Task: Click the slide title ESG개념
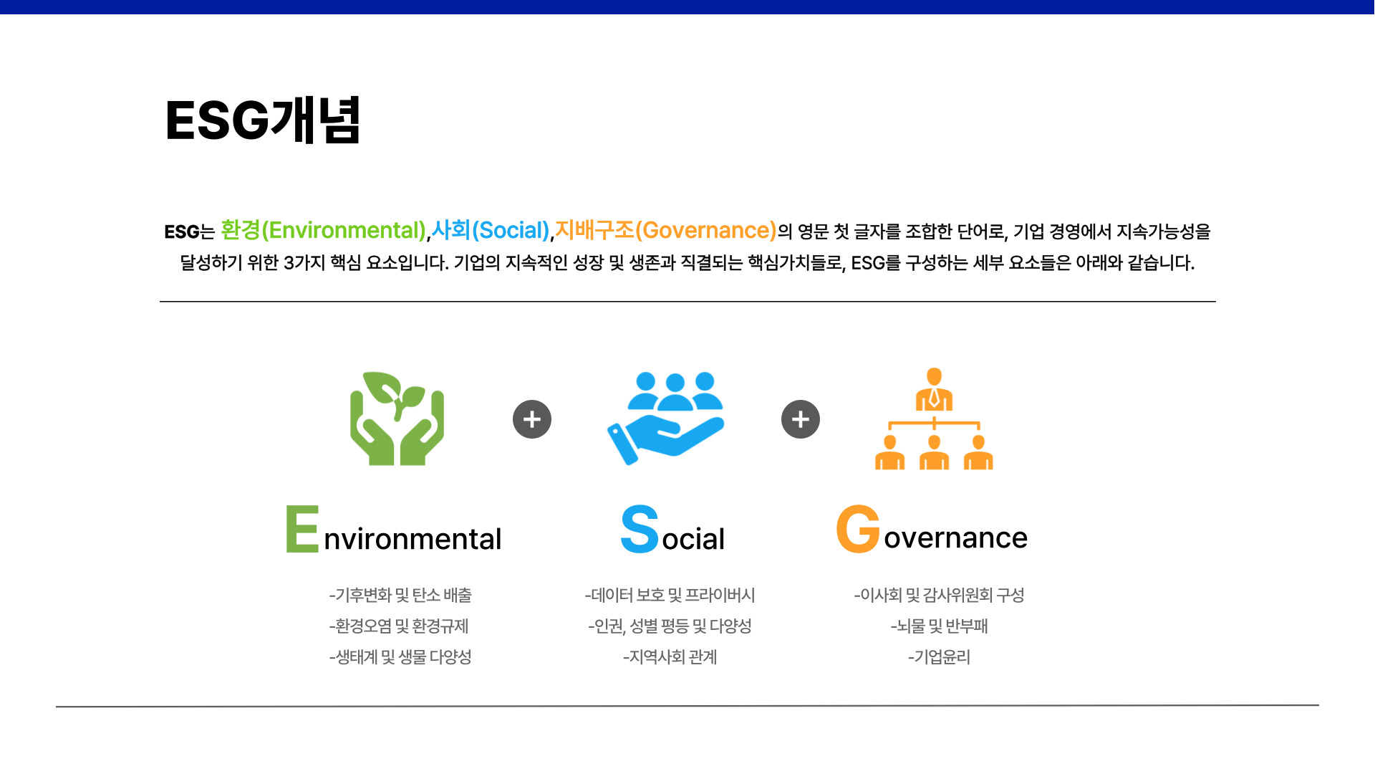point(263,120)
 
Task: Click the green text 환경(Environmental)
point(324,230)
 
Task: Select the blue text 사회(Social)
point(491,230)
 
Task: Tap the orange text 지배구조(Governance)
point(666,230)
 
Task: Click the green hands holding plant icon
point(397,419)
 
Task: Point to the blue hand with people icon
point(665,419)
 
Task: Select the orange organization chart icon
point(934,419)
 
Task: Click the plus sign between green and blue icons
point(532,419)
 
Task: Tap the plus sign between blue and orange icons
point(801,419)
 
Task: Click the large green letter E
point(302,530)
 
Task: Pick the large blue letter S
point(640,530)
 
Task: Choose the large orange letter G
point(858,529)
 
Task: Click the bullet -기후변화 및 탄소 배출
point(400,595)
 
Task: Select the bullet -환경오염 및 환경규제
point(399,626)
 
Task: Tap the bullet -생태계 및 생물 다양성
point(400,656)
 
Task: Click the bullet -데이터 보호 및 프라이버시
point(670,595)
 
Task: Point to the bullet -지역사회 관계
point(670,656)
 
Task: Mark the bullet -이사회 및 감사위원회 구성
point(939,595)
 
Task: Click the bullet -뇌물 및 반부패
point(939,626)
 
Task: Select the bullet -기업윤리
point(939,656)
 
